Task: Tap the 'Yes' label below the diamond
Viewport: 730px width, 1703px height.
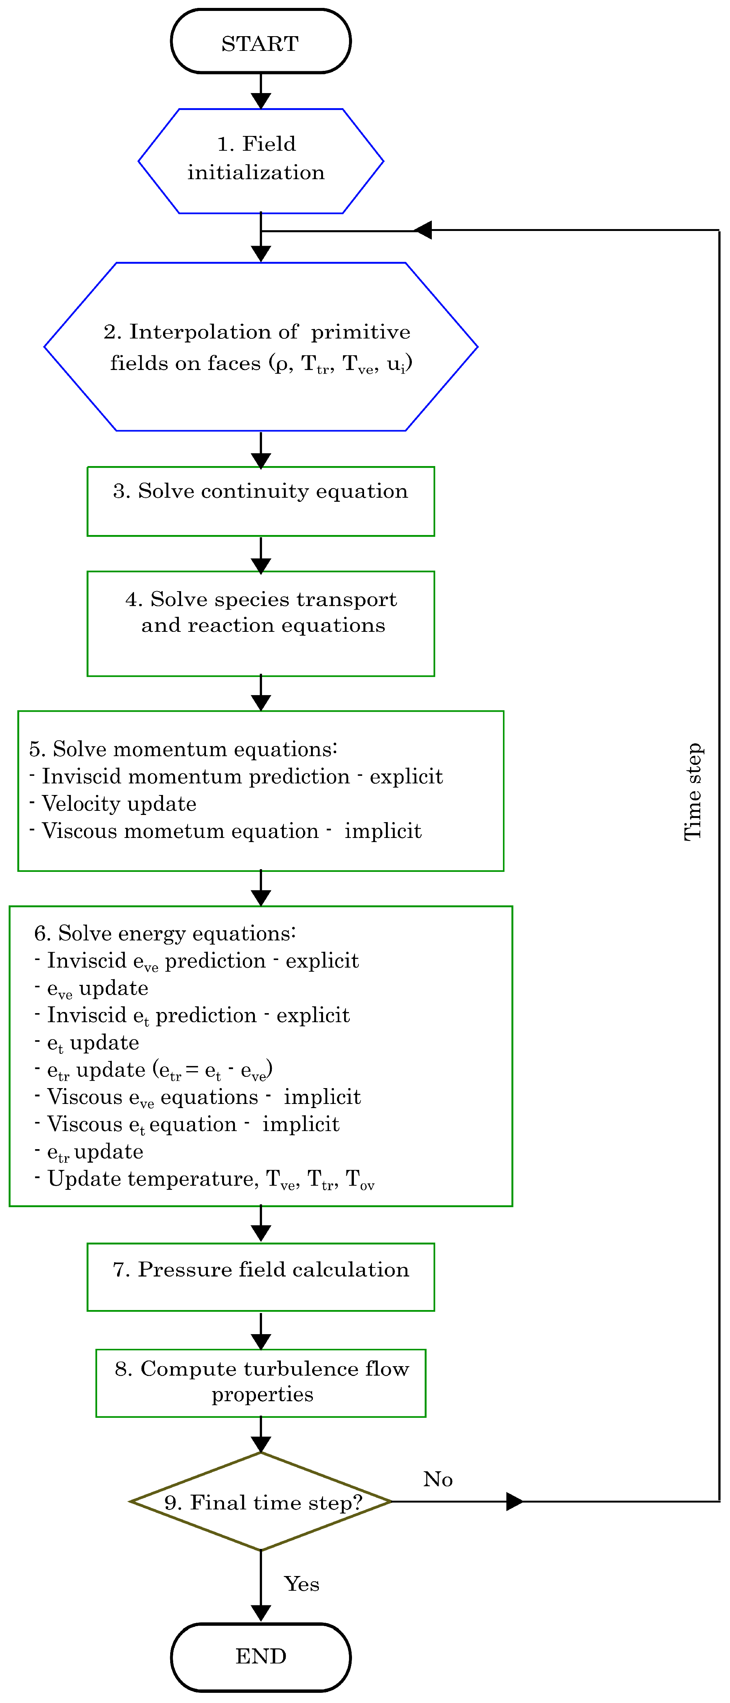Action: coord(301,1584)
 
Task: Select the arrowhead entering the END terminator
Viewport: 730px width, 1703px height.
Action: coord(261,1613)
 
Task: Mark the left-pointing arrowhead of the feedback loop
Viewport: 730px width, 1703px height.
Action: coord(423,230)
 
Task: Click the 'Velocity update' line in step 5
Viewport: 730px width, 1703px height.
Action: coord(119,804)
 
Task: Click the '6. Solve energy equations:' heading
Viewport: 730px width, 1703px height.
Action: coord(165,934)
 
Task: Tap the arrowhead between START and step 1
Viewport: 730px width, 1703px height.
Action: coord(261,99)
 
